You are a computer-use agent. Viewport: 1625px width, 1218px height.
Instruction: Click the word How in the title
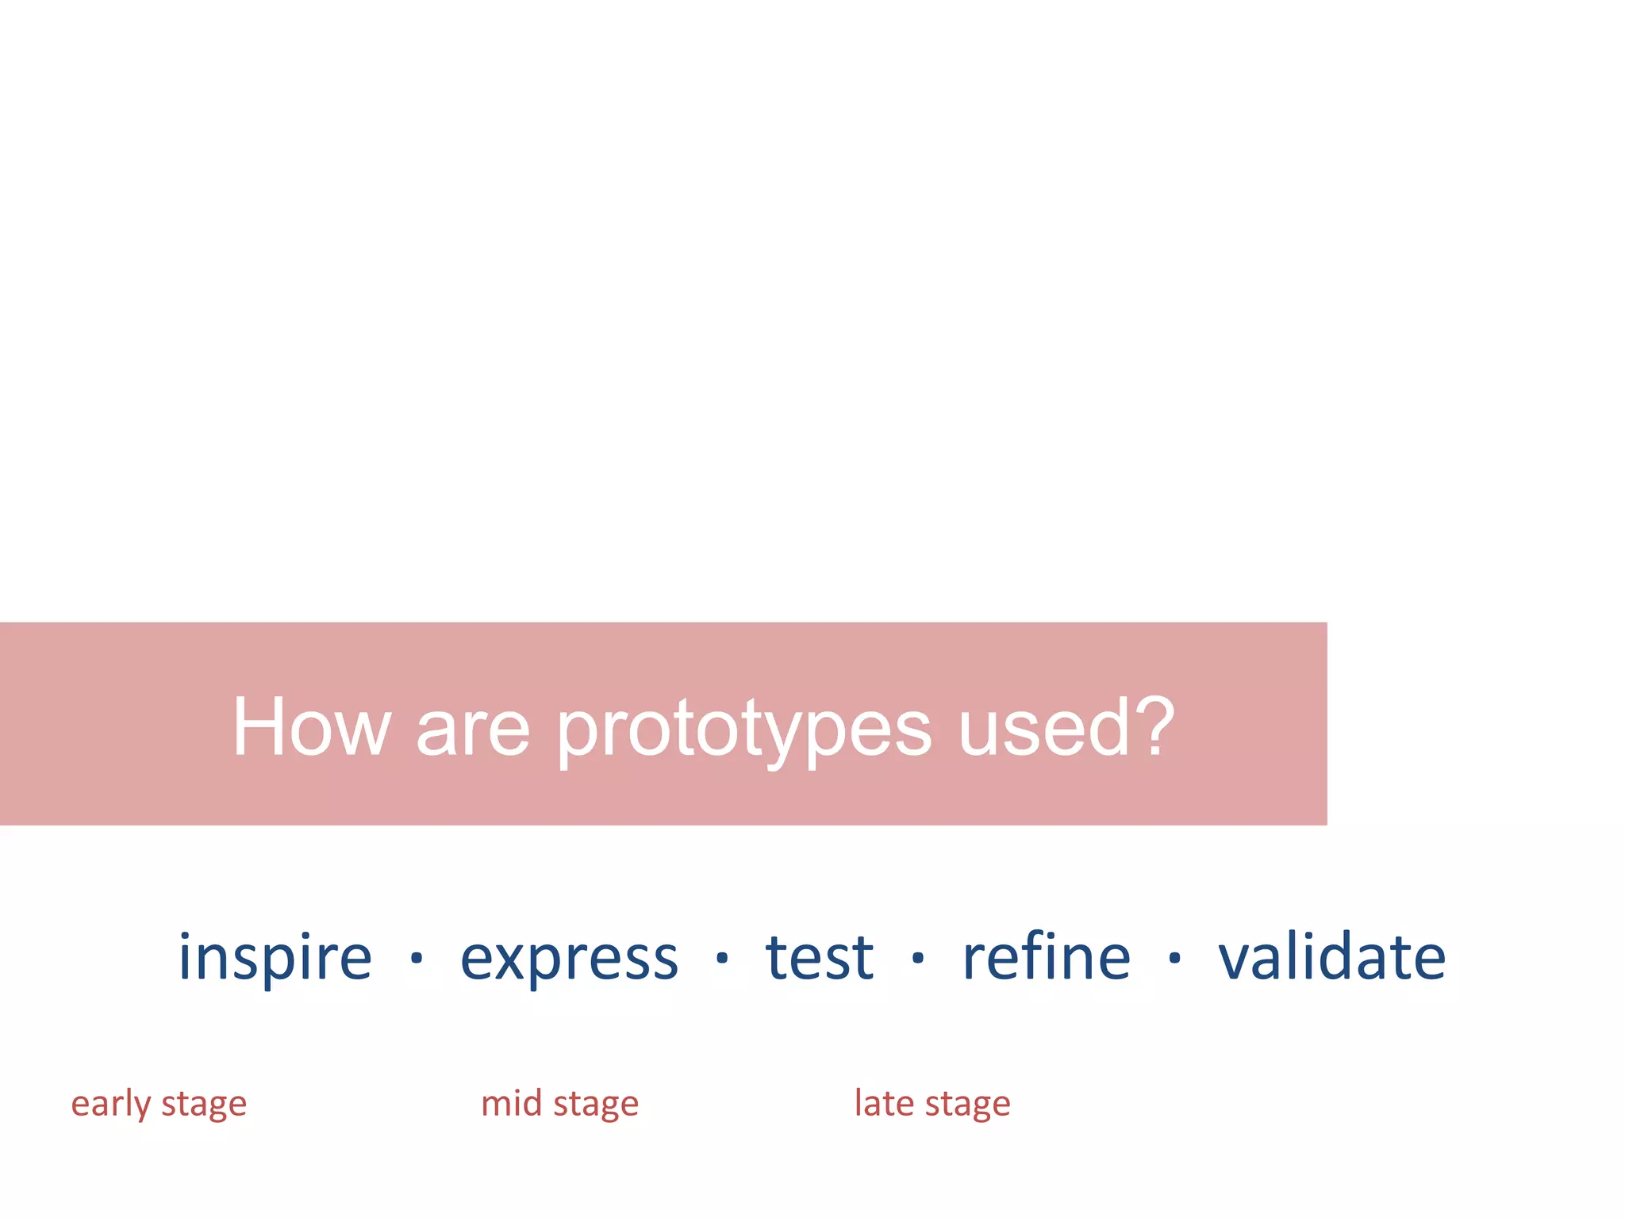(x=311, y=728)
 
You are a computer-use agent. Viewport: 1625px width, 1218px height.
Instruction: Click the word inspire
(x=275, y=958)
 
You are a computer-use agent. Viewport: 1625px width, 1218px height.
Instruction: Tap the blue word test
(x=819, y=958)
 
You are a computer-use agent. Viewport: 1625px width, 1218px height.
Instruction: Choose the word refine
(x=1046, y=956)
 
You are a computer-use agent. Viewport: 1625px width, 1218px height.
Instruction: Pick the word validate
(x=1331, y=956)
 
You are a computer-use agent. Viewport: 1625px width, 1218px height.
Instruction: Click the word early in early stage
(x=110, y=1105)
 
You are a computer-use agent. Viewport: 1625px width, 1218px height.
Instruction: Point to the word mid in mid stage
(x=511, y=1103)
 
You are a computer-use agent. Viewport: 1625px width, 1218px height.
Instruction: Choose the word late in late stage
(x=883, y=1103)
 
